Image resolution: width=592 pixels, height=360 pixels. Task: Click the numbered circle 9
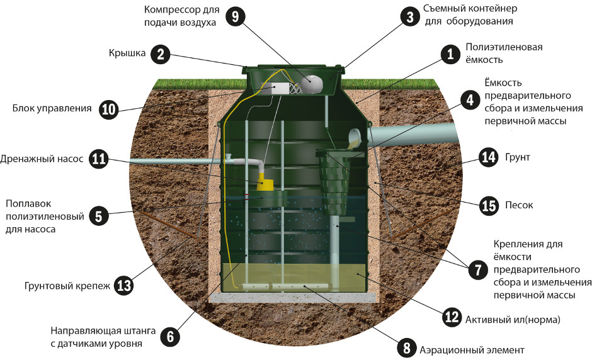235,16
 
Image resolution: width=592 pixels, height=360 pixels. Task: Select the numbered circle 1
449,54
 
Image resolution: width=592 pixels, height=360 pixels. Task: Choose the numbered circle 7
477,269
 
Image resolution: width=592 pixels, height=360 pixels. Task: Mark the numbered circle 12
451,318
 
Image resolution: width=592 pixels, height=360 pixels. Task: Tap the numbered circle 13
124,286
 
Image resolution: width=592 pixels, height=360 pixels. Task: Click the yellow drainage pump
266,183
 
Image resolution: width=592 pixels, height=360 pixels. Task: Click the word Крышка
127,54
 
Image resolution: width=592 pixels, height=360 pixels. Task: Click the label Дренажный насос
42,159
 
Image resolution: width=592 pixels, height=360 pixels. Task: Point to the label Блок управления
52,108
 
